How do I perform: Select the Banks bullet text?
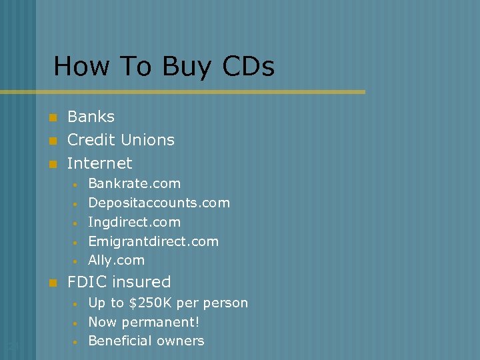click(x=91, y=117)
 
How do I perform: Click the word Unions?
click(x=149, y=140)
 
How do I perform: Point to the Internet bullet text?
click(x=100, y=163)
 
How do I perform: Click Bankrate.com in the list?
click(x=134, y=183)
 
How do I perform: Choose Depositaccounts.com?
click(x=159, y=203)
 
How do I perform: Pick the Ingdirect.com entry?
click(x=134, y=222)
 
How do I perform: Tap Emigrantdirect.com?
click(x=153, y=241)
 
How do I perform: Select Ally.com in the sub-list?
click(x=116, y=261)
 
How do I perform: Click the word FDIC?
click(x=87, y=282)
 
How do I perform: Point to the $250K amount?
click(x=151, y=303)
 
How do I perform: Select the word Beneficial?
click(x=119, y=341)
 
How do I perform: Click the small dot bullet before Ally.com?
click(x=76, y=261)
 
